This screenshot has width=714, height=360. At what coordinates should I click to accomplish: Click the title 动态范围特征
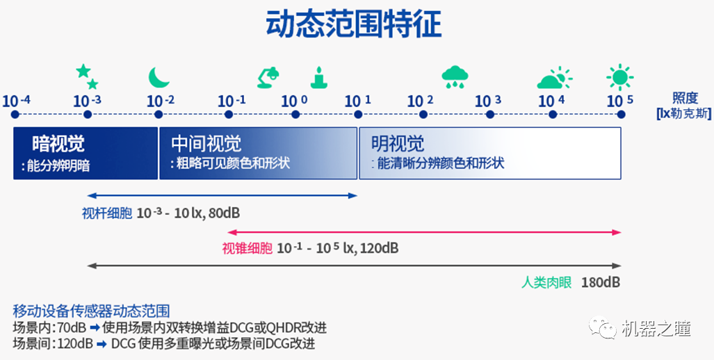click(353, 24)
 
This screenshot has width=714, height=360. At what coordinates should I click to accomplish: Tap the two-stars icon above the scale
click(87, 76)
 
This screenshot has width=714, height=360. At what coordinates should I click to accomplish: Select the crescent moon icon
click(158, 77)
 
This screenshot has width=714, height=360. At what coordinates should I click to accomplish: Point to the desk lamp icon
click(268, 77)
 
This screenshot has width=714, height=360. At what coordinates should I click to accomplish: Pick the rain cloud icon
click(455, 77)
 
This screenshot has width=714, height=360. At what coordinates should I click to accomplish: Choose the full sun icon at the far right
click(619, 77)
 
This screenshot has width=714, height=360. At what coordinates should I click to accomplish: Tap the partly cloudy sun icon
click(555, 78)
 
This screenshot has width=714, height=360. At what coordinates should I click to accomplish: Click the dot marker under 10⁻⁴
click(15, 115)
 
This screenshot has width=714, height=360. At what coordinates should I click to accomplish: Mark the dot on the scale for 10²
click(423, 115)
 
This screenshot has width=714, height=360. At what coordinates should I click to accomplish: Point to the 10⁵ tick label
click(619, 101)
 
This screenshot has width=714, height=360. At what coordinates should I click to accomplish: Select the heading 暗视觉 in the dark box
click(58, 144)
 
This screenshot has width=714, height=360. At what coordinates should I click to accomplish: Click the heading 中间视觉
click(206, 144)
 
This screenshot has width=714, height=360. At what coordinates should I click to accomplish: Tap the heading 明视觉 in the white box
click(398, 144)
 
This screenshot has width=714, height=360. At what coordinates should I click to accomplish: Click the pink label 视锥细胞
click(248, 248)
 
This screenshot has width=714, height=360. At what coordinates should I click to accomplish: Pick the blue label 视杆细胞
click(107, 213)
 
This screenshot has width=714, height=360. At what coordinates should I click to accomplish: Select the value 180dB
click(601, 282)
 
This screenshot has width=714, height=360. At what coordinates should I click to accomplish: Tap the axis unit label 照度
click(685, 98)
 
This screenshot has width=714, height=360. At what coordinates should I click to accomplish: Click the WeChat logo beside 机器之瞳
click(603, 327)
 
